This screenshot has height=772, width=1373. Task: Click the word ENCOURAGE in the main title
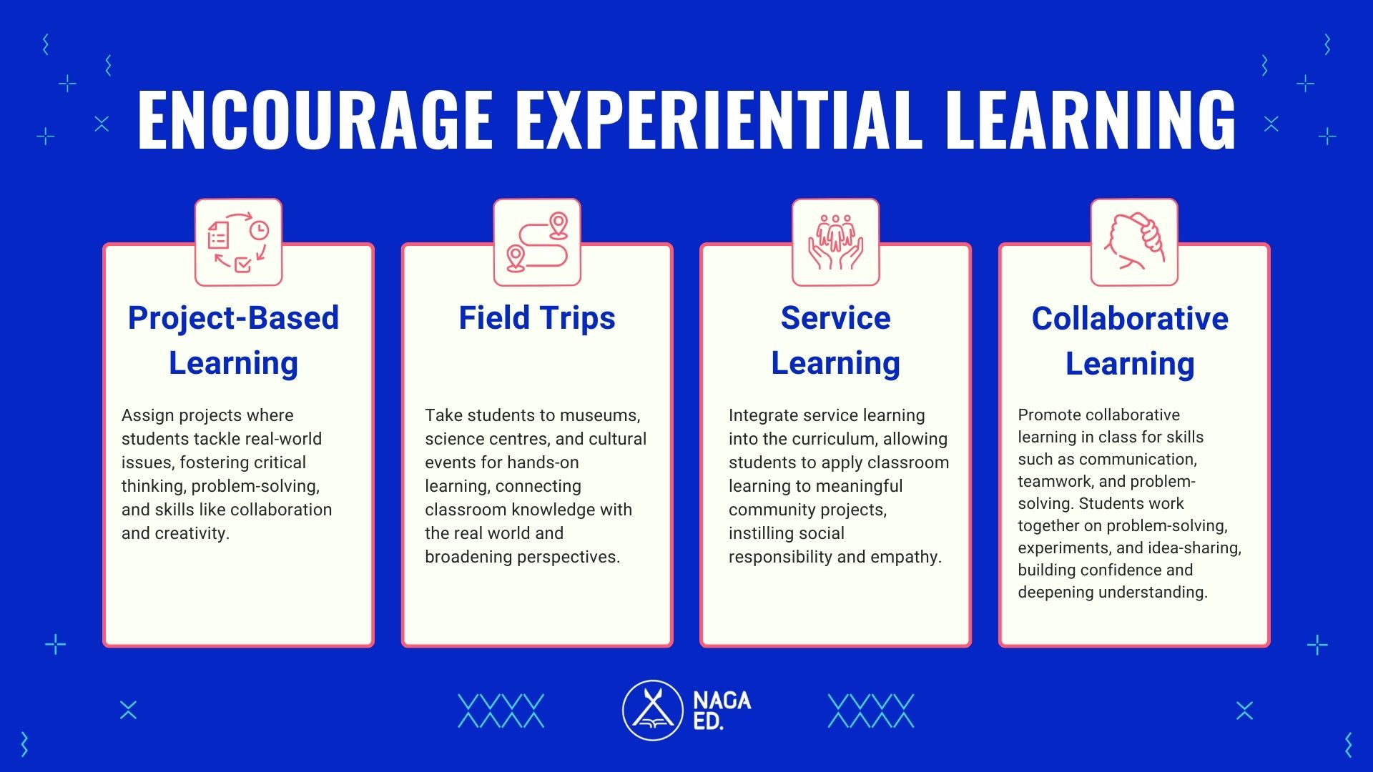pos(315,119)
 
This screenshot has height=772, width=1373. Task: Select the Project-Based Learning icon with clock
pos(238,242)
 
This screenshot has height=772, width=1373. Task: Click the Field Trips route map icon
pos(537,242)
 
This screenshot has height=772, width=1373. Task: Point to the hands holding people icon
pos(835,242)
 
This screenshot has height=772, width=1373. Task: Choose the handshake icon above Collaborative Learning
pos(1134,242)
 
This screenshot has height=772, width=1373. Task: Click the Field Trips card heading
pos(537,319)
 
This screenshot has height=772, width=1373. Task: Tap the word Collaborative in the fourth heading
pos(1130,319)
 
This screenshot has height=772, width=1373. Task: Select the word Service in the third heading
pos(835,318)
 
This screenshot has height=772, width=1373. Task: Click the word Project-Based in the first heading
pos(233,319)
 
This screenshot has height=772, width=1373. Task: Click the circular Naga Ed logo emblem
pos(652,710)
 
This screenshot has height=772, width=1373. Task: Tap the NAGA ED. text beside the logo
pos(722,711)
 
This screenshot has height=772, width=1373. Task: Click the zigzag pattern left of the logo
pos(501,711)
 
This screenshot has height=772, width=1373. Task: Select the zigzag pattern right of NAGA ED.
pos(871,711)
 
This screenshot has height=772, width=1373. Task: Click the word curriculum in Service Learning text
pos(834,439)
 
